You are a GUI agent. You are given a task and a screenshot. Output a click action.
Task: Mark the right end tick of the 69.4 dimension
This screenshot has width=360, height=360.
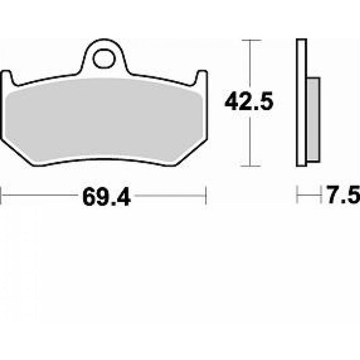(205, 192)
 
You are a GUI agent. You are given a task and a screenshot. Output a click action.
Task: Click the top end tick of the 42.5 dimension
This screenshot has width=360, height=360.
(249, 40)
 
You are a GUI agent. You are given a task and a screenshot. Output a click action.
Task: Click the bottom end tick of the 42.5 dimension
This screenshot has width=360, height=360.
(249, 165)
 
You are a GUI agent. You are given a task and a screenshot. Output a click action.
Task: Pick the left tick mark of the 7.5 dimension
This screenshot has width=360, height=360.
(297, 192)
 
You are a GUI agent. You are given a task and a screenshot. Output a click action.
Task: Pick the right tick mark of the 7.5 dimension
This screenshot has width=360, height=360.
(320, 192)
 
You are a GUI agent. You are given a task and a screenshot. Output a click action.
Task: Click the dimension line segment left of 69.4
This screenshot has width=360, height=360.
(39, 192)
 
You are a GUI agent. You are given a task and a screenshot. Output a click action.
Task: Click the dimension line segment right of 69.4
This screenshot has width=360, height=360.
(170, 192)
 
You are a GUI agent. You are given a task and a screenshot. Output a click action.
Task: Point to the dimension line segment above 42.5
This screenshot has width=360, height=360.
(249, 64)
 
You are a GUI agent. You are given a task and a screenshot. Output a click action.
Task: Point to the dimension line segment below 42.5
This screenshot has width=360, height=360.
(249, 141)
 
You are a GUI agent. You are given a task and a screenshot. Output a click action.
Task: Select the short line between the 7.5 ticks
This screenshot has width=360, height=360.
(309, 192)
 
